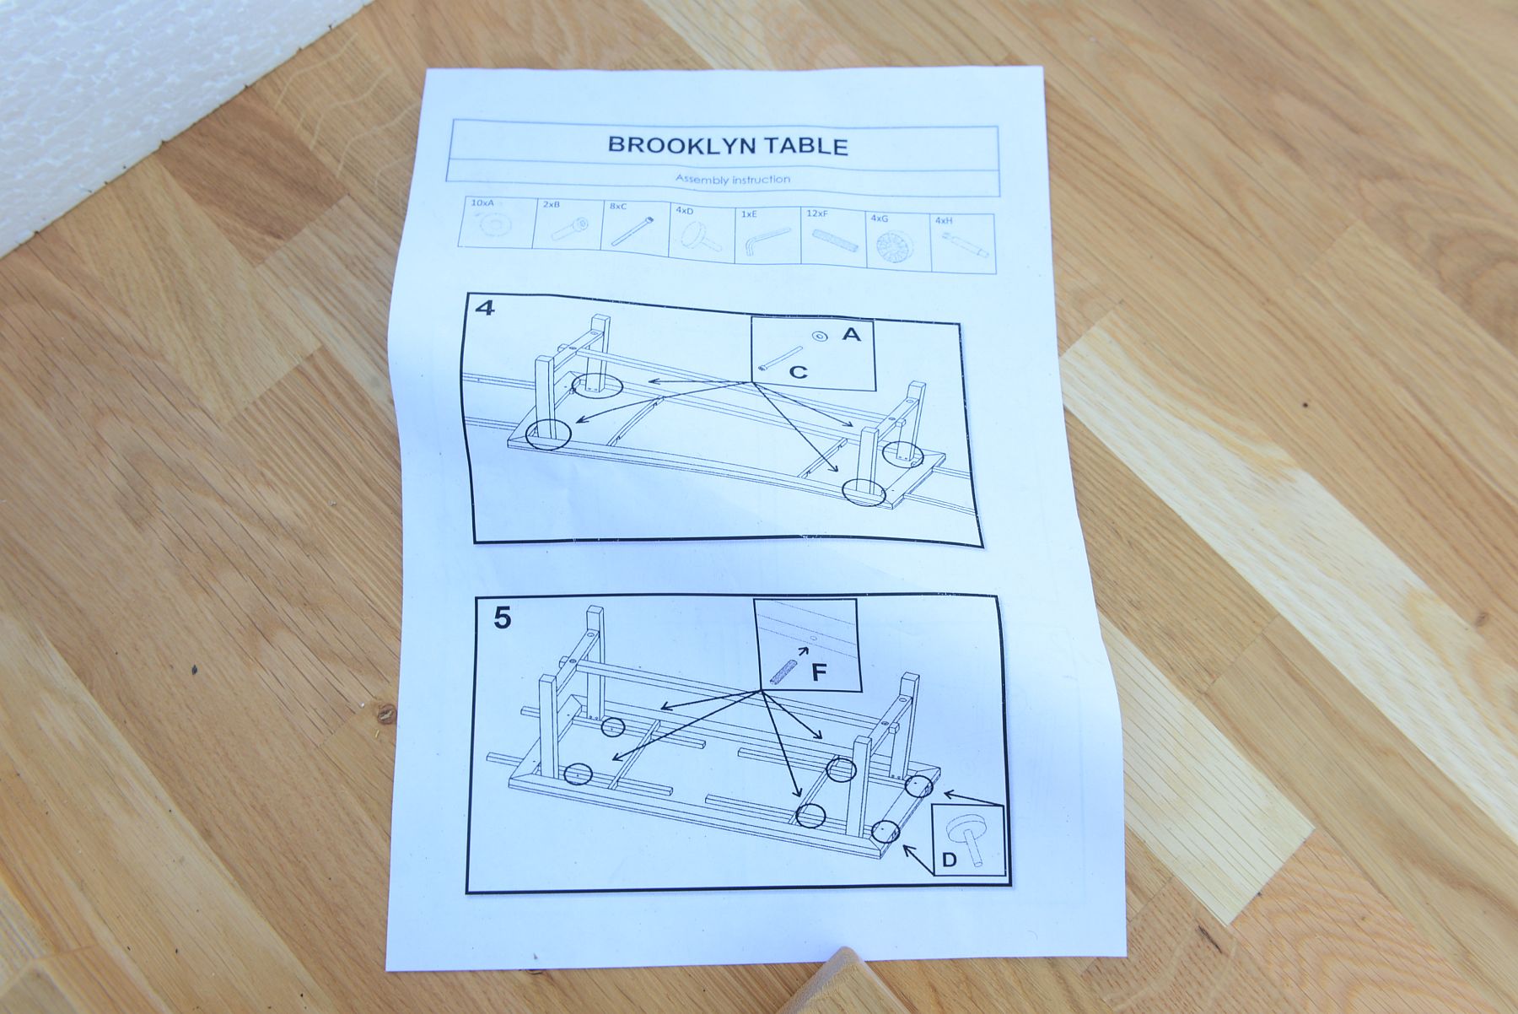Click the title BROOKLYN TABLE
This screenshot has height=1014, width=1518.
[x=728, y=145]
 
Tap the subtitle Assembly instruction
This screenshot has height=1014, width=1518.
[x=733, y=179]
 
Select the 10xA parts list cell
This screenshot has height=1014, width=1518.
[x=499, y=223]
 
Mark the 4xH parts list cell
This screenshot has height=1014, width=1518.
[x=963, y=244]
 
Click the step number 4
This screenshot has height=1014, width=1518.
[x=486, y=307]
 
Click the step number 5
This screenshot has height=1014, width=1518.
[x=502, y=618]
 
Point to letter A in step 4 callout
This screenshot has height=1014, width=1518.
[x=852, y=335]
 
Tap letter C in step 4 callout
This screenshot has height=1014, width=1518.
[x=798, y=371]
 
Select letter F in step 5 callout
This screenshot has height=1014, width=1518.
[x=818, y=672]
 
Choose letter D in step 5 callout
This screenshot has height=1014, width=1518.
[x=949, y=860]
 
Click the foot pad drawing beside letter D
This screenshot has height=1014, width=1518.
[x=967, y=836]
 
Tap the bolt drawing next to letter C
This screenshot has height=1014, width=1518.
[x=780, y=358]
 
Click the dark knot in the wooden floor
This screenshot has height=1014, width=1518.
[x=386, y=714]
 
